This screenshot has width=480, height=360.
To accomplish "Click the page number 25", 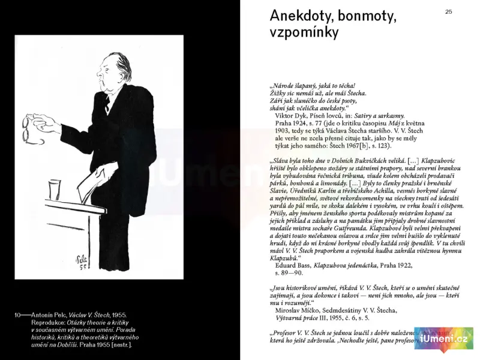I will tap(449, 11).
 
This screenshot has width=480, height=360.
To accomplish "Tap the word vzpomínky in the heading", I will tap(304, 32).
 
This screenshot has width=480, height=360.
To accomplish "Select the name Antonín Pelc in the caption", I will tap(50, 315).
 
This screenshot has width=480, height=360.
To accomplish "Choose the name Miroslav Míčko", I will tap(296, 310).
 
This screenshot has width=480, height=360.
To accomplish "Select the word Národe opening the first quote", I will tap(286, 86).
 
